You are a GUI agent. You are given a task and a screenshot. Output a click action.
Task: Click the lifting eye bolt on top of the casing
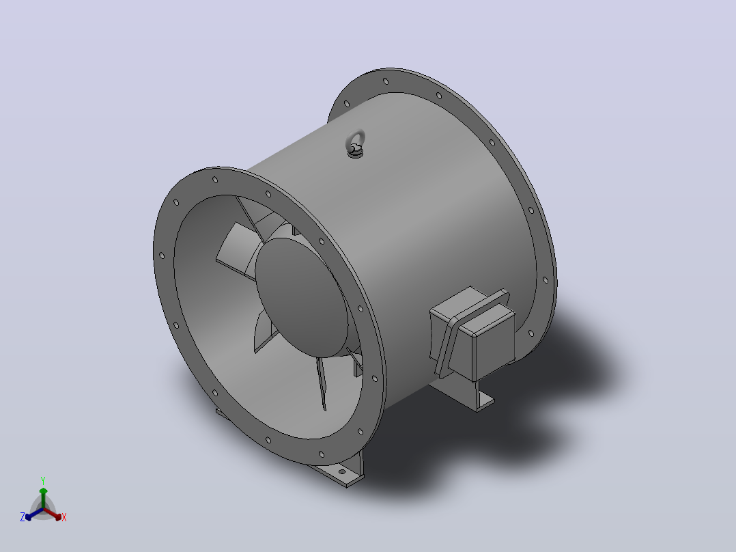[x=356, y=143]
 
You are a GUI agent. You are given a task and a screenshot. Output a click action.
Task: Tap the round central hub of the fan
[x=302, y=297]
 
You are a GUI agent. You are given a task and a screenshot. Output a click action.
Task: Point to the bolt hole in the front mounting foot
[x=342, y=471]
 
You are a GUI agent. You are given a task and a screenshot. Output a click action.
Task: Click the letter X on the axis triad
[x=64, y=517]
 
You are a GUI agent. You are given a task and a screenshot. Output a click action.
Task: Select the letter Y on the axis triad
[x=43, y=480]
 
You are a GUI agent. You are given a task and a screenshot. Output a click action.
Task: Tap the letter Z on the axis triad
[x=23, y=517]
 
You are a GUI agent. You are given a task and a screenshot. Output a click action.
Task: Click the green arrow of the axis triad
[x=43, y=499]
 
